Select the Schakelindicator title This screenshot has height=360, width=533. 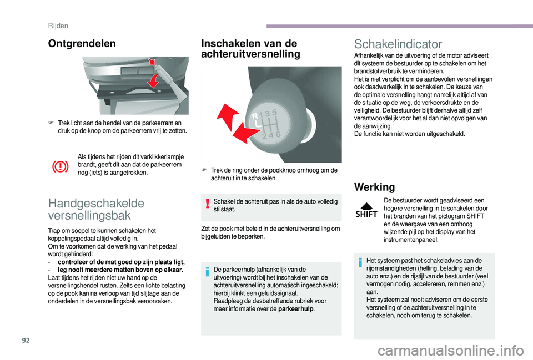[x=398, y=44]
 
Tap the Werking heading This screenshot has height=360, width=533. [x=375, y=187]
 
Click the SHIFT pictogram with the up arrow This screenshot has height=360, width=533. [x=366, y=210]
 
